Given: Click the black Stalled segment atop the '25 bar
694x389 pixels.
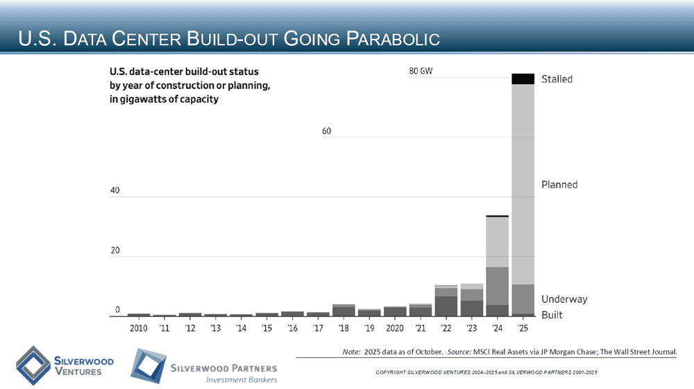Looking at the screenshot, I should click(x=523, y=79).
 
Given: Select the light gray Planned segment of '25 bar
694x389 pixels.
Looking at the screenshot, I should click(x=523, y=184).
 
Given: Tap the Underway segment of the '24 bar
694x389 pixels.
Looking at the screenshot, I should click(x=497, y=285).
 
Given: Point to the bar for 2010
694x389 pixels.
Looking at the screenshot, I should click(x=139, y=315).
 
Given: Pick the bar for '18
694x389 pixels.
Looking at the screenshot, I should click(x=344, y=310).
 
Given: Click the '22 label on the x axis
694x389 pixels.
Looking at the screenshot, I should click(x=446, y=328).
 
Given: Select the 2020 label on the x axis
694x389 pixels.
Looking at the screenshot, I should click(x=395, y=328).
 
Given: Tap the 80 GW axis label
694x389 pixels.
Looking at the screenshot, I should click(x=421, y=71).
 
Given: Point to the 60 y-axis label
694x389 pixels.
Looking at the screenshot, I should click(x=327, y=131).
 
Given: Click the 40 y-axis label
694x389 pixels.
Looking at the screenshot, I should click(x=115, y=190).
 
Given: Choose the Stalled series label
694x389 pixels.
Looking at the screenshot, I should click(x=557, y=79).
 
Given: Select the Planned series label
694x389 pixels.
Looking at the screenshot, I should click(x=559, y=185).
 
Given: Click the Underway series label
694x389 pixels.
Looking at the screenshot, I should click(x=564, y=299).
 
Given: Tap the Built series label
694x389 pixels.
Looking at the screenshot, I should click(x=552, y=315).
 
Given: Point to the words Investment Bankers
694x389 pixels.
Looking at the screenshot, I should click(x=242, y=379).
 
